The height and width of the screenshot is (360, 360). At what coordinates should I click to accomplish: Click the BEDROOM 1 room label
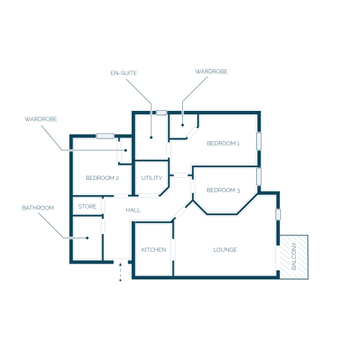(223, 143)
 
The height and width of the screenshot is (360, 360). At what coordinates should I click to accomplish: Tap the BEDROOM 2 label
(102, 178)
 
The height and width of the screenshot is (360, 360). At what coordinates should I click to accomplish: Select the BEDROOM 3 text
(223, 190)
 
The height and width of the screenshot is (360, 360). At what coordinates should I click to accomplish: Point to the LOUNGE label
(225, 250)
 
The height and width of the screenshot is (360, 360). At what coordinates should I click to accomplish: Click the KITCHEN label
(153, 250)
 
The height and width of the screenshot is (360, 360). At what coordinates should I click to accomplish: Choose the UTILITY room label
(151, 178)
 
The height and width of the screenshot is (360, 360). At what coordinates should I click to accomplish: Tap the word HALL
(133, 210)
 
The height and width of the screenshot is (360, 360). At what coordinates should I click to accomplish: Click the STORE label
(87, 207)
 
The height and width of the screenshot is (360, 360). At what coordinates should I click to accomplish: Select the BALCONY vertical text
(294, 256)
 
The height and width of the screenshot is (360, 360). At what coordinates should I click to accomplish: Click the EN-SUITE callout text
(124, 73)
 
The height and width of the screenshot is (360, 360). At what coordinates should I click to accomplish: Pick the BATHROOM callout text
(38, 208)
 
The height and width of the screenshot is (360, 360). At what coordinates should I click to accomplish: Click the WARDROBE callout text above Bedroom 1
(211, 71)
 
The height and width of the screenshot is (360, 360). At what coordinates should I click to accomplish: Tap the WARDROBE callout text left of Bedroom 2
(41, 120)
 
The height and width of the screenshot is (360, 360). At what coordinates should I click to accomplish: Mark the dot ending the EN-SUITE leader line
(151, 138)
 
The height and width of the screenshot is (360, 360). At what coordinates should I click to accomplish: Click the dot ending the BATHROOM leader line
(87, 238)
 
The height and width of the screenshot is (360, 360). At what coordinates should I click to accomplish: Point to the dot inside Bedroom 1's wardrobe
(183, 125)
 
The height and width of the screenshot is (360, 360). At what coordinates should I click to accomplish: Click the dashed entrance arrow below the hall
(120, 272)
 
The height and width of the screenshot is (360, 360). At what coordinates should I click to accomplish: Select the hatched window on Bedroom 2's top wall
(105, 136)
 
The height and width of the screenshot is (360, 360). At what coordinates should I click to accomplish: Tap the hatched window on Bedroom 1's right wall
(258, 141)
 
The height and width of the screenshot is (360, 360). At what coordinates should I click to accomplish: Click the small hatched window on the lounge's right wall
(278, 215)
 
